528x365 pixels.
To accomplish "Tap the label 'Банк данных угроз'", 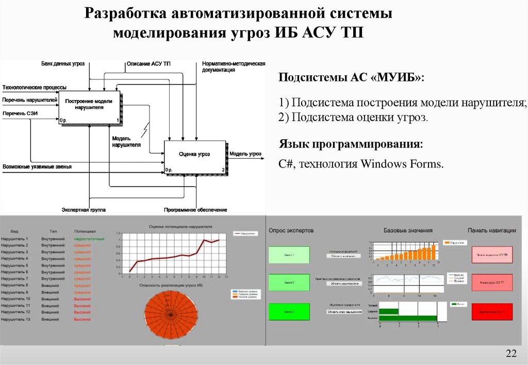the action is pyautogui.click(x=63, y=64).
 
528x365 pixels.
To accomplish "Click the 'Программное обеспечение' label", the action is pyautogui.click(x=195, y=210).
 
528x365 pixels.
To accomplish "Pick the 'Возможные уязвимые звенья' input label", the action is pyautogui.click(x=37, y=167).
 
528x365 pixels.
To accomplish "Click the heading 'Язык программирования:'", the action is pyautogui.click(x=351, y=144).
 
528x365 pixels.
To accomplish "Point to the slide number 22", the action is pyautogui.click(x=511, y=353).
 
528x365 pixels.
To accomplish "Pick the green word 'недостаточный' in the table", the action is pyautogui.click(x=89, y=239).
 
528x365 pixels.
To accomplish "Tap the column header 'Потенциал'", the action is pyautogui.click(x=85, y=231).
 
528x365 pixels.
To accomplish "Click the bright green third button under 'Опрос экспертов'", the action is pyautogui.click(x=289, y=312).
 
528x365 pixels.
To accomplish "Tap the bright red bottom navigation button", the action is pyautogui.click(x=492, y=312).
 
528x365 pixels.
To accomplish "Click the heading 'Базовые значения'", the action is pyautogui.click(x=408, y=230).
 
